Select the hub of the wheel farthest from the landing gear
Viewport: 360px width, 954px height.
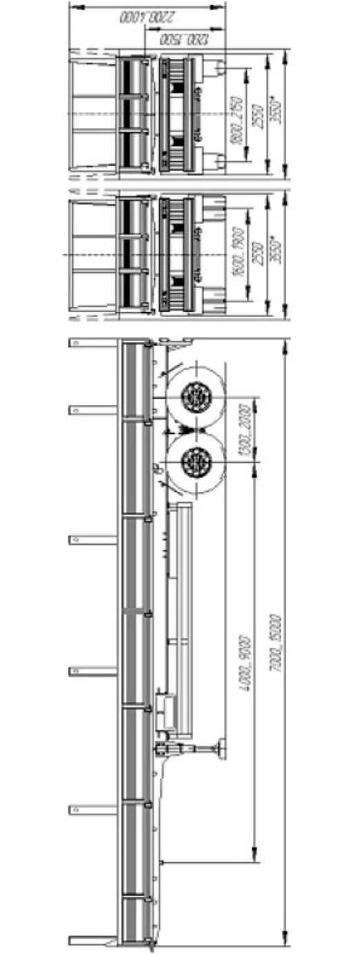(196, 397)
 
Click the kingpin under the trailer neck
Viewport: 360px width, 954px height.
(161, 861)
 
